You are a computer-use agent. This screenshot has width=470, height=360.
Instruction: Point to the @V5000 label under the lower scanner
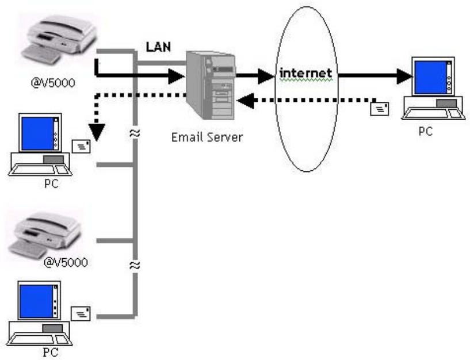point(66,263)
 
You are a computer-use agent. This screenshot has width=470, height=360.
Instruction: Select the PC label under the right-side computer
point(425,131)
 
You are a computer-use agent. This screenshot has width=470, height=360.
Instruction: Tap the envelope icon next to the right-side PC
point(380,107)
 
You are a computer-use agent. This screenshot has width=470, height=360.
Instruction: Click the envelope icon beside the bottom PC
point(80,313)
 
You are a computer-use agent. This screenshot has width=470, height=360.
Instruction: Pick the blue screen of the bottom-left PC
point(35,301)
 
